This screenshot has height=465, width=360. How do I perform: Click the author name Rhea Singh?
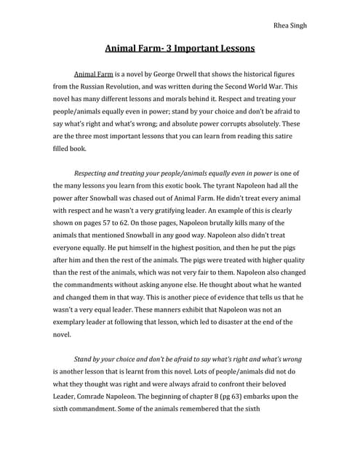point(289,25)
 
